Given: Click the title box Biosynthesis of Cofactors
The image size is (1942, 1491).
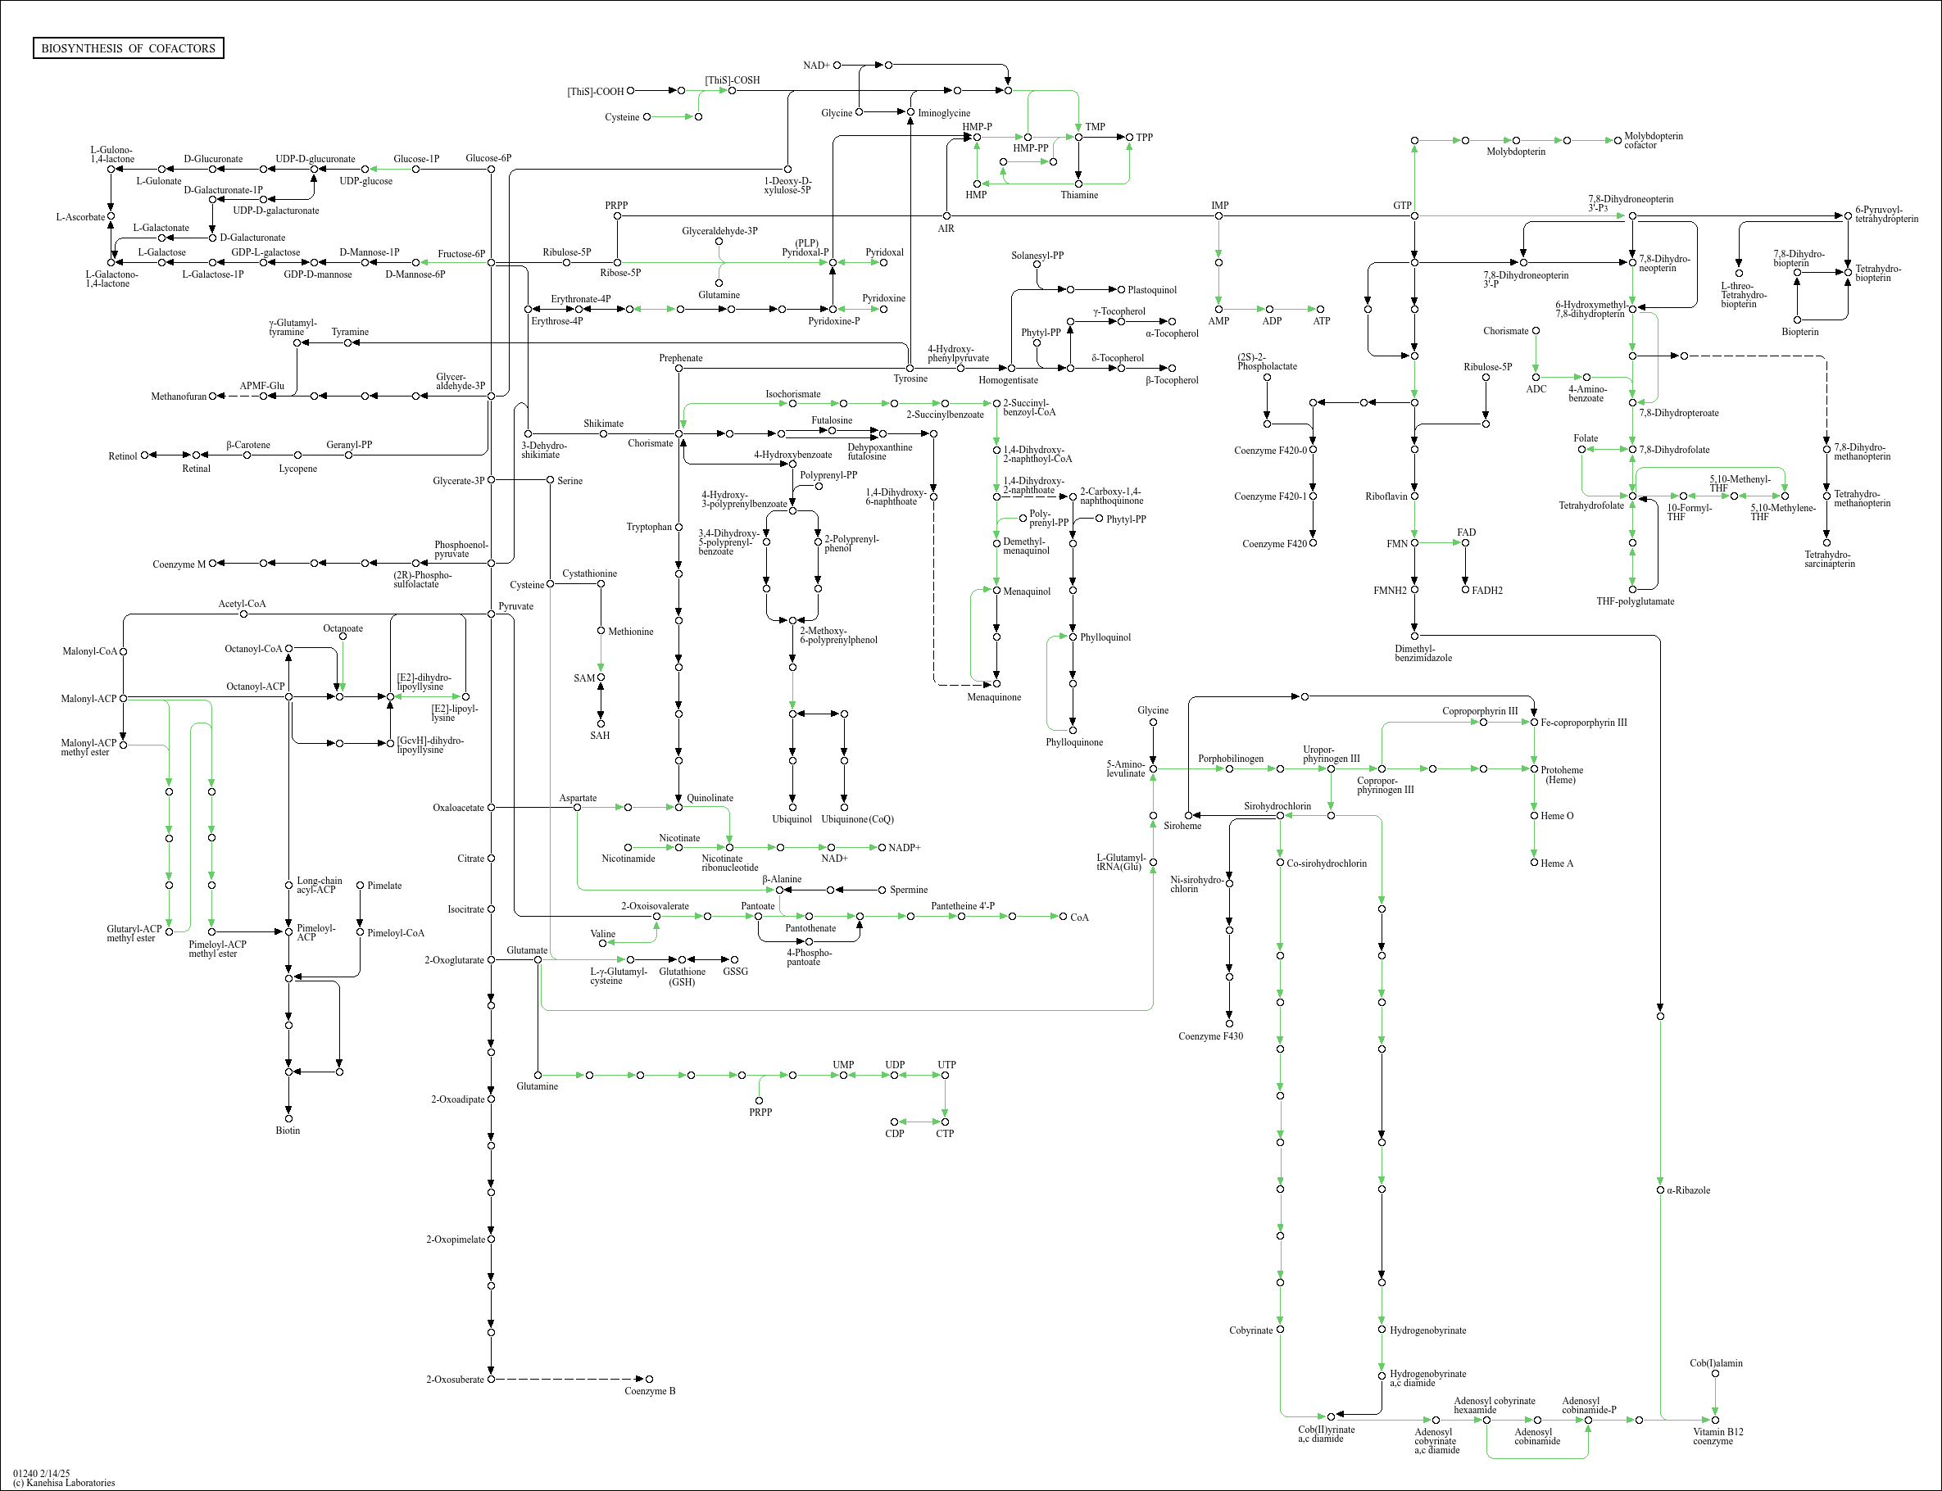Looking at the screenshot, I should click(128, 48).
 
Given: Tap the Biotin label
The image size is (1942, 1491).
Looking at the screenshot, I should click(288, 1131).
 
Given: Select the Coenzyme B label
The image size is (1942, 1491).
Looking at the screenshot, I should click(650, 1391).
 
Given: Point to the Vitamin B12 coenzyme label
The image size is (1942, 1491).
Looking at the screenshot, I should click(1717, 1436).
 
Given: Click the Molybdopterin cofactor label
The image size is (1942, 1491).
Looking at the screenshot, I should click(1653, 140).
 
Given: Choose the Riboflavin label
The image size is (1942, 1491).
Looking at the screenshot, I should click(1386, 496).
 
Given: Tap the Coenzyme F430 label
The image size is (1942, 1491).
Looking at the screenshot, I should click(1210, 1036).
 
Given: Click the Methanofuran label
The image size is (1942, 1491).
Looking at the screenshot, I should click(179, 397).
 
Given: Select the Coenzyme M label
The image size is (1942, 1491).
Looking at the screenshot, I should click(179, 564).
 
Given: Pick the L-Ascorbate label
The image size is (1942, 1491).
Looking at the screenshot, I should click(81, 216).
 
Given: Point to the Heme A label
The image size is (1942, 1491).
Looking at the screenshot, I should click(1557, 863).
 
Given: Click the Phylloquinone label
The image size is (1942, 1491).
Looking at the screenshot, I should click(1074, 742).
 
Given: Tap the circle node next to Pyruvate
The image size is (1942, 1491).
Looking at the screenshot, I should click(491, 614).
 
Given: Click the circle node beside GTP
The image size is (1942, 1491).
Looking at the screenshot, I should click(1415, 215).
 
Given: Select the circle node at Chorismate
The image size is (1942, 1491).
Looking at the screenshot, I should click(679, 434).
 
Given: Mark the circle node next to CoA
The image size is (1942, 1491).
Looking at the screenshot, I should click(1064, 916).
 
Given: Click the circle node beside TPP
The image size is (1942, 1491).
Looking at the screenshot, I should click(1129, 138).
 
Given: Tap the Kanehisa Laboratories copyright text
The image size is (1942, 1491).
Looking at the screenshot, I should click(64, 1483).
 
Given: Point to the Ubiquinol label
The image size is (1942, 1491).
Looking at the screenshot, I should click(792, 819).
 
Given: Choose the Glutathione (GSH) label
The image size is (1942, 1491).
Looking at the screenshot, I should click(683, 977).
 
